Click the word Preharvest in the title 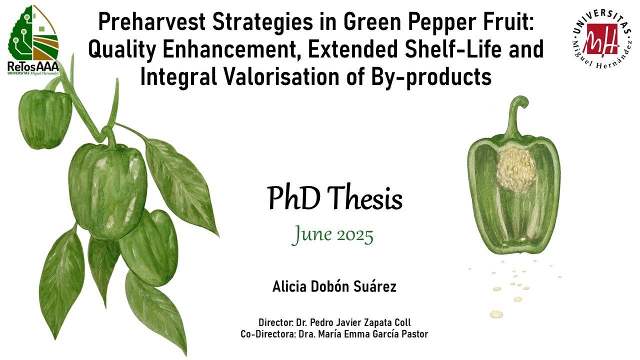151,22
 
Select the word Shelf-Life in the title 453,49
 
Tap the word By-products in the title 431,77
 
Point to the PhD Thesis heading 334,197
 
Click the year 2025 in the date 355,236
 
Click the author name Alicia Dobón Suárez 334,286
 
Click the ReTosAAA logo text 33,67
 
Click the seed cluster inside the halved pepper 516,169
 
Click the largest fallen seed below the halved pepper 496,314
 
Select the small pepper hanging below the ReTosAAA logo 45,119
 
